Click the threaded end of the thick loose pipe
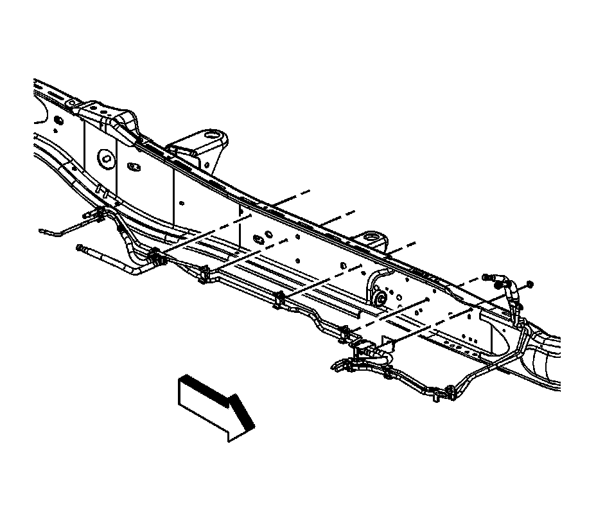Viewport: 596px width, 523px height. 80,247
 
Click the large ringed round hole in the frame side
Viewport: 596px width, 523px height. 105,158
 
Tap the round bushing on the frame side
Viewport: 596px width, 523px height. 380,297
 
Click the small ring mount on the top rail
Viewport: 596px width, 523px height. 370,240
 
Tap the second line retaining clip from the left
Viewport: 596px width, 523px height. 204,274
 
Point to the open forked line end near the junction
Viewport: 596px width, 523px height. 337,366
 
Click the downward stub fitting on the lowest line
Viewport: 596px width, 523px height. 437,400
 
